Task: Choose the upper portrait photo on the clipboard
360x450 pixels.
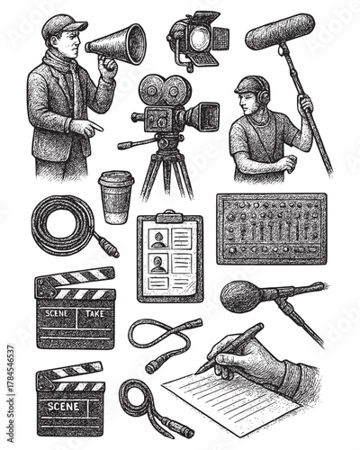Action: pyautogui.click(x=158, y=239)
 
